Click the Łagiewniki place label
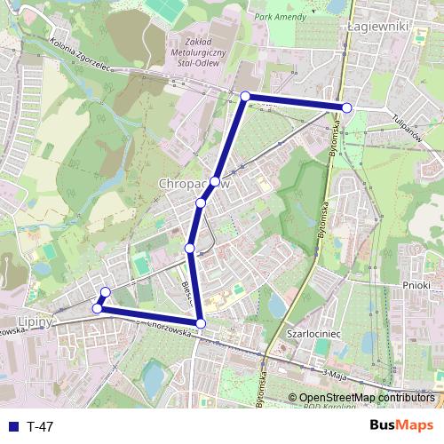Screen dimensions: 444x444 point(377,27)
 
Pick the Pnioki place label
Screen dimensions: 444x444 point(416,285)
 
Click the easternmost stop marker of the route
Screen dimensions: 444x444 point(347,107)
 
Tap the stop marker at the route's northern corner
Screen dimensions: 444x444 point(245,96)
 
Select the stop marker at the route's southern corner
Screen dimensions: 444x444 point(201,323)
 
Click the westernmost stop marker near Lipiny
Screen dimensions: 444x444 point(97,309)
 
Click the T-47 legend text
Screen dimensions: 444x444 point(40,426)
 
